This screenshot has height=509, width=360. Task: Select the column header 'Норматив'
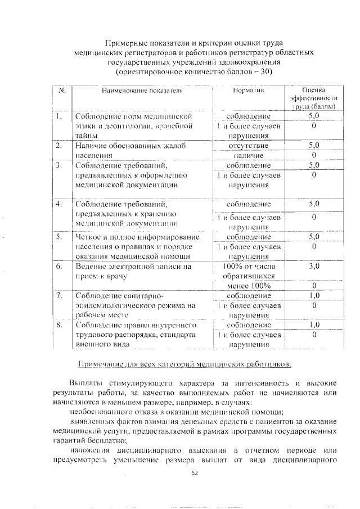pyautogui.click(x=248, y=90)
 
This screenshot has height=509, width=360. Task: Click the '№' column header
pyautogui.click(x=61, y=90)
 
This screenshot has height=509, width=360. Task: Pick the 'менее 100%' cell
pyautogui.click(x=248, y=286)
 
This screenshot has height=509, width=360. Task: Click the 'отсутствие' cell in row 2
pyautogui.click(x=248, y=146)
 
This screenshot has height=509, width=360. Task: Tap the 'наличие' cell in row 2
pyautogui.click(x=248, y=155)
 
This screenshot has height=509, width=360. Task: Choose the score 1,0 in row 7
pyautogui.click(x=314, y=295)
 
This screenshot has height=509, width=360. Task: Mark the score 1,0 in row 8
pyautogui.click(x=314, y=325)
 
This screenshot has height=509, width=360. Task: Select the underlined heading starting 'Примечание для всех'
pyautogui.click(x=184, y=363)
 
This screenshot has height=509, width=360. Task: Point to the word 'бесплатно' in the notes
pyautogui.click(x=101, y=440)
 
